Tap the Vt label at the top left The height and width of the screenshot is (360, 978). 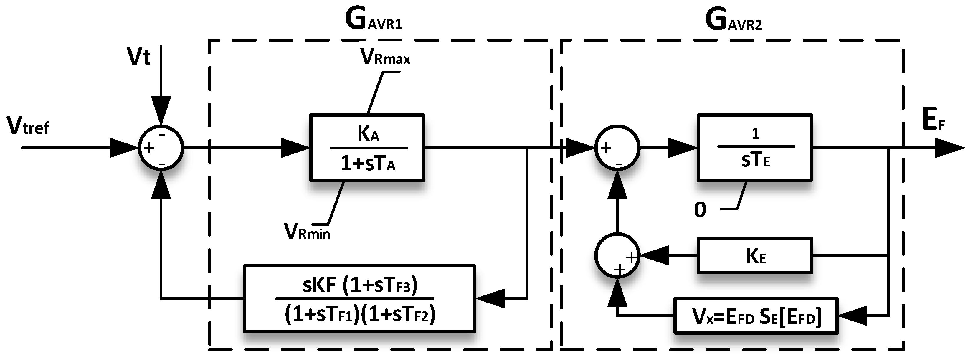tap(138, 57)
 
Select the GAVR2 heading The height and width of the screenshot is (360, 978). tap(733, 21)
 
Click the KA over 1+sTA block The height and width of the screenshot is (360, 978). tap(367, 148)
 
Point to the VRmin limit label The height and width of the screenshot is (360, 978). tap(307, 231)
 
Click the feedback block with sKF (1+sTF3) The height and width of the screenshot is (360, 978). tap(359, 298)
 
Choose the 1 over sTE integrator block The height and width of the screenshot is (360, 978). tap(754, 148)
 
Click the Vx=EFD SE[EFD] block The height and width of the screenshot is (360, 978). tap(756, 316)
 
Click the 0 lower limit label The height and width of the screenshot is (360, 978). tap(700, 210)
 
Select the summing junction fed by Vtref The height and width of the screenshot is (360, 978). tap(161, 148)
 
